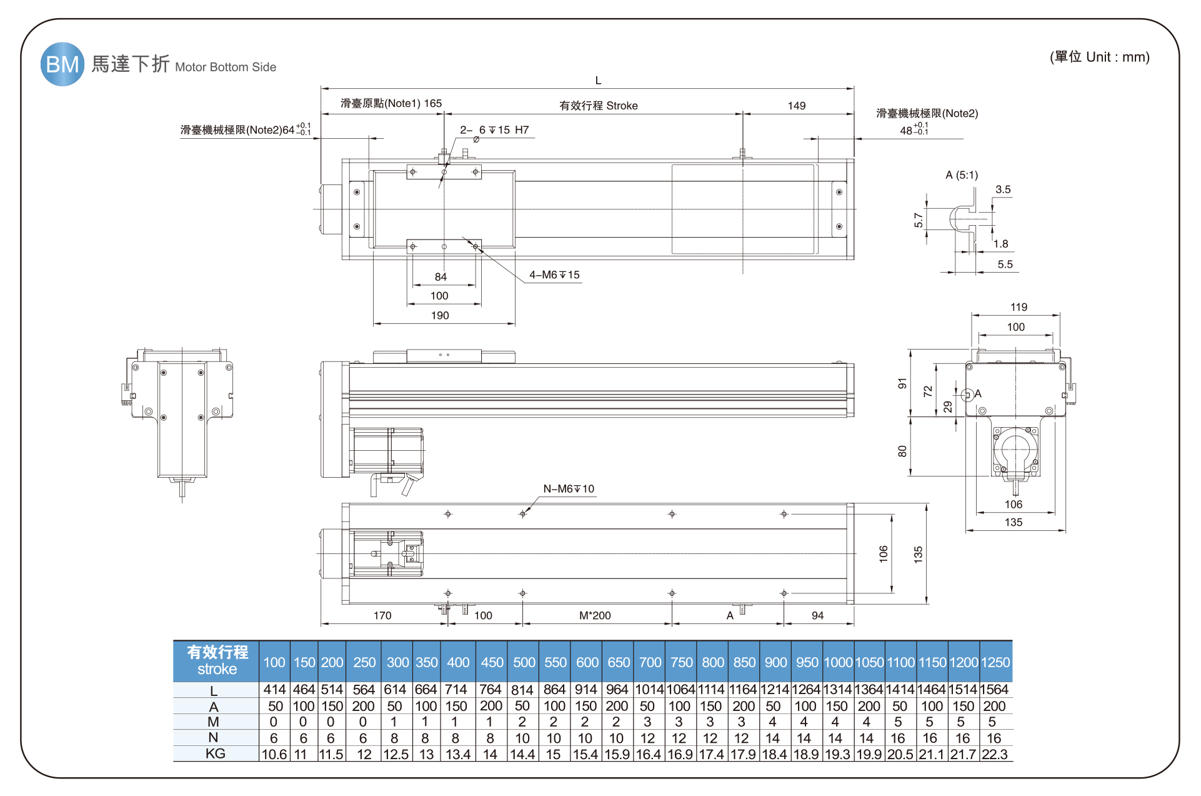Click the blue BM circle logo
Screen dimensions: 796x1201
click(62, 64)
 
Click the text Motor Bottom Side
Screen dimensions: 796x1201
click(226, 68)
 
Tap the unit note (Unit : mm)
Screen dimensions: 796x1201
click(1099, 58)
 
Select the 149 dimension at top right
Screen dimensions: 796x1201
click(796, 106)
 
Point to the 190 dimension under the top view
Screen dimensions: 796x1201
click(440, 316)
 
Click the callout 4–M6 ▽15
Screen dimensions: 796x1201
click(554, 275)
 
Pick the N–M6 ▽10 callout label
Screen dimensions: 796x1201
click(569, 489)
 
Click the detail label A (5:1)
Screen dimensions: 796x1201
click(962, 175)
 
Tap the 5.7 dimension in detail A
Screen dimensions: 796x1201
click(919, 220)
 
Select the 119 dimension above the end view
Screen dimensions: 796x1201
click(1019, 307)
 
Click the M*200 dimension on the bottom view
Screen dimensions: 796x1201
click(595, 616)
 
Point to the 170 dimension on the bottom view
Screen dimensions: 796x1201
click(382, 616)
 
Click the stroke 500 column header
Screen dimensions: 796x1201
click(524, 663)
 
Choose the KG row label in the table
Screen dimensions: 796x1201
click(216, 754)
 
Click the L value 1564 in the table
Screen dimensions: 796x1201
click(994, 690)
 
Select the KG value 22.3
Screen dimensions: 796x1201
click(994, 755)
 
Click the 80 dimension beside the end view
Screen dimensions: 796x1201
click(902, 451)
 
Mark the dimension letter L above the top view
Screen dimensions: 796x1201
click(598, 81)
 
